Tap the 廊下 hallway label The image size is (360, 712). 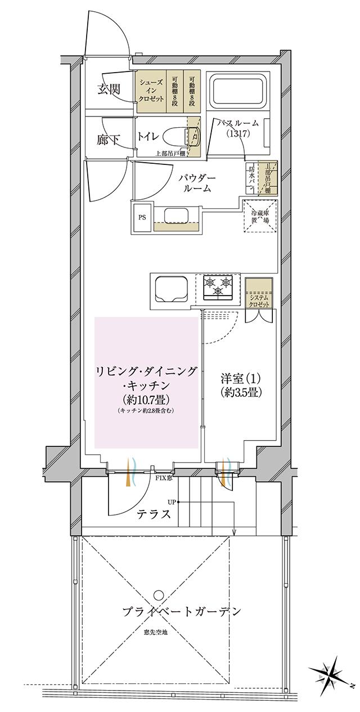click(107, 140)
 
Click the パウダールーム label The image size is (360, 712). click(195, 182)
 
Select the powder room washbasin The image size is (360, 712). click(177, 216)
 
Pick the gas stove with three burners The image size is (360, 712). click(218, 286)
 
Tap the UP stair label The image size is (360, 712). click(171, 501)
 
